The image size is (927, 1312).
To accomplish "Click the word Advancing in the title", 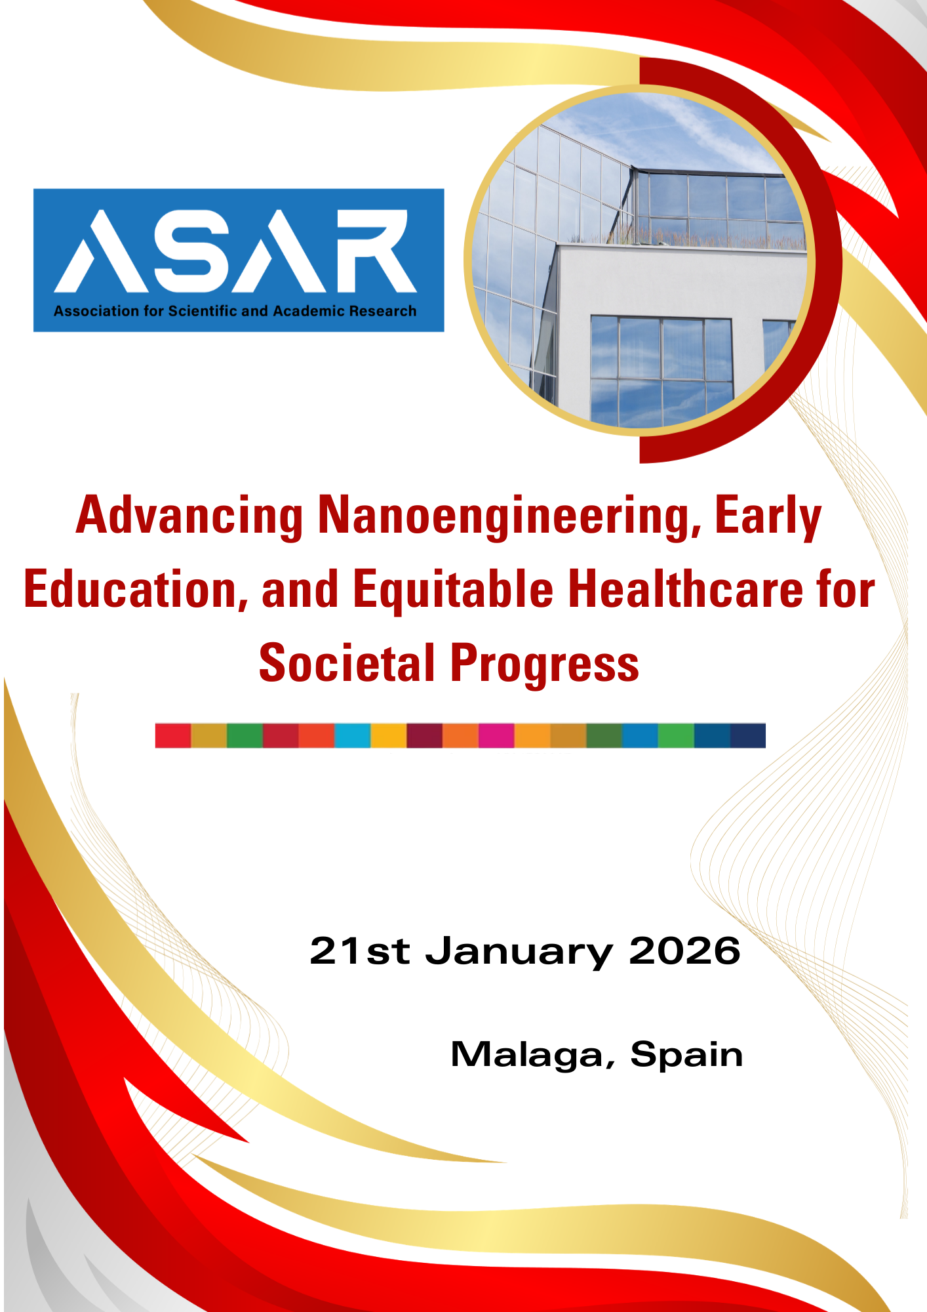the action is [189, 516].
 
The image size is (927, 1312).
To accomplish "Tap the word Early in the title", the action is [768, 516].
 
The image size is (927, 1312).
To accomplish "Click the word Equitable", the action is [453, 590].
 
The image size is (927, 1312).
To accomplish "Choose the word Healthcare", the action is [684, 588].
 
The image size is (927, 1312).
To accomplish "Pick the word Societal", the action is [347, 663].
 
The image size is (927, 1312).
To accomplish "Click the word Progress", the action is [545, 665].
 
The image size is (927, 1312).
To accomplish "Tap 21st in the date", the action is [359, 951].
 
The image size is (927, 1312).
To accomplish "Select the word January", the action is [519, 953].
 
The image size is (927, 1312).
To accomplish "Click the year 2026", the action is [684, 951].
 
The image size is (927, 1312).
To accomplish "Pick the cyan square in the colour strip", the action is [353, 735].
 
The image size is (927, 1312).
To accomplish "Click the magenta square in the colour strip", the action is [496, 735].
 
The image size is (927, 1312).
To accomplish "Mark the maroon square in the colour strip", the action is [425, 735].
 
